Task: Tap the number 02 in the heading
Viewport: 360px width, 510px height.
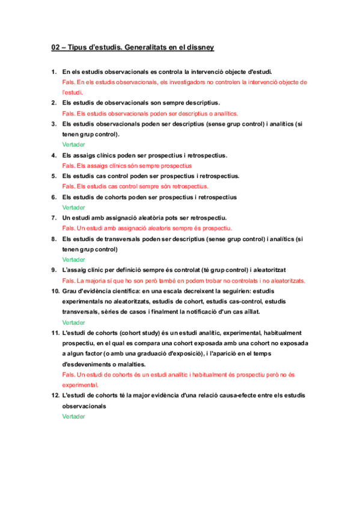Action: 55,46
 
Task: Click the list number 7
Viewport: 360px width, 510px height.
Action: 53,218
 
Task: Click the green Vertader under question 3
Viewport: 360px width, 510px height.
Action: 73,145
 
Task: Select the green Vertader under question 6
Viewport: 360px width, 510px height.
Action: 73,207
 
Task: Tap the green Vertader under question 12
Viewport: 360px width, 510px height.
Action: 73,416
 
